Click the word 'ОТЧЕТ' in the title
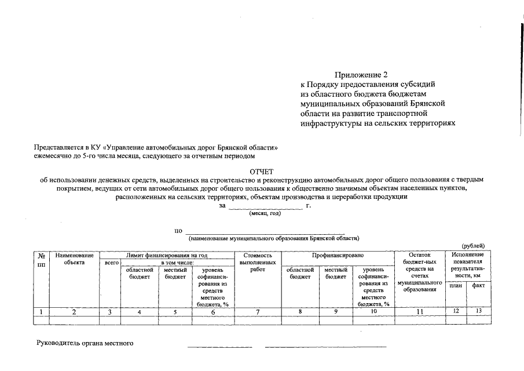261,172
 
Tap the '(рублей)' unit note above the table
473,246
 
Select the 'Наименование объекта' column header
74,259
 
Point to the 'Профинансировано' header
338,254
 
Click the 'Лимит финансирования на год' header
167,254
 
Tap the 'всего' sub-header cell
110,263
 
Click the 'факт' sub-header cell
479,285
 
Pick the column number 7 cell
258,312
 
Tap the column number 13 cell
479,311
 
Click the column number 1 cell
41,312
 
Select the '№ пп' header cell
41,259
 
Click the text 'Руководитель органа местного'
85,343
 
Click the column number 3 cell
110,312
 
